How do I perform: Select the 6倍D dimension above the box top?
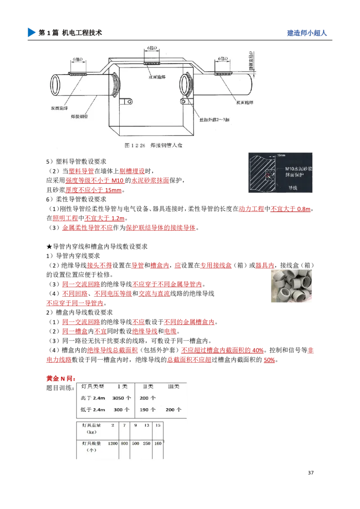click(152, 48)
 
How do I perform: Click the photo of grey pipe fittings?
click(291, 287)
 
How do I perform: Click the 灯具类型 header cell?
click(92, 386)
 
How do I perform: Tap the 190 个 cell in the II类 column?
click(148, 410)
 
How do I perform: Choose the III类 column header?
click(173, 386)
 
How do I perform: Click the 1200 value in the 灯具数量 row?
click(112, 443)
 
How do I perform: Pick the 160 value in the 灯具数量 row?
click(157, 443)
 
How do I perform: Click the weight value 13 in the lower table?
click(147, 425)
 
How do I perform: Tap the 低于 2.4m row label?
click(93, 410)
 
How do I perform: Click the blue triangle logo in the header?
click(31, 32)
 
